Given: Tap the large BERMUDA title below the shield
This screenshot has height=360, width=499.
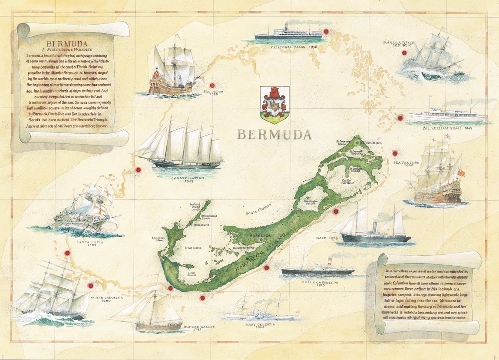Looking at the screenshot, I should coord(274,135).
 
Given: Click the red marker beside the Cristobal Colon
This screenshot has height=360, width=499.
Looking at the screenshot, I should coord(326,31).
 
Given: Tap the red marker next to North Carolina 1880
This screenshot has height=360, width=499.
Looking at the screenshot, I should coord(90,286).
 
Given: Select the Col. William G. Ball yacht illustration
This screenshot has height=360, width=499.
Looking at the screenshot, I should coord(447,114).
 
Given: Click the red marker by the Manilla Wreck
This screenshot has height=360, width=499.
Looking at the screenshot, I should coord(404,53).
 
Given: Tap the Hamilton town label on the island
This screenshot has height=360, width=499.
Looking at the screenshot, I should coord(259,235).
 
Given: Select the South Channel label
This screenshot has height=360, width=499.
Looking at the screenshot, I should coord(259,208).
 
